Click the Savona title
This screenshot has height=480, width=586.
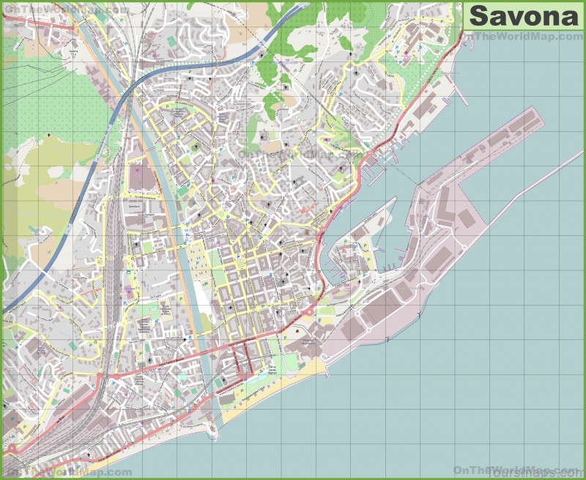point(523,15)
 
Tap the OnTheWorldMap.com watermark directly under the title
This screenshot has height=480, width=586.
point(524,37)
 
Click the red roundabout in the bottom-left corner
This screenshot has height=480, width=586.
point(11,448)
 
